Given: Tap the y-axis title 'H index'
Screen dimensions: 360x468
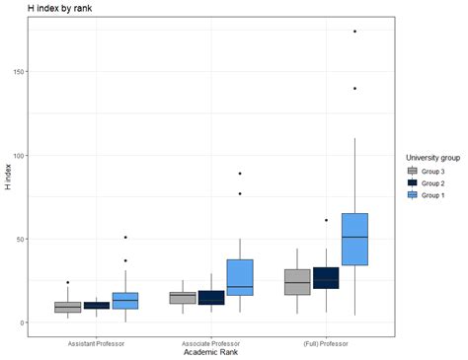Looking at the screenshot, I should tap(8, 175).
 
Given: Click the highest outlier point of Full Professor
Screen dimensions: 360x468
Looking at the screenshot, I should tap(354, 32).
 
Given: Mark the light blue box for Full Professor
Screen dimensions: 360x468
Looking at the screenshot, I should tap(354, 239).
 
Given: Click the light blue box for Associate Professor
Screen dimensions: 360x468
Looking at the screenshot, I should tap(240, 277).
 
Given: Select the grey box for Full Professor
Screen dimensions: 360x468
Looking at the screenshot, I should tap(297, 282).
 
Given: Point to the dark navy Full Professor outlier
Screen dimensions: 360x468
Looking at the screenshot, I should tap(326, 221).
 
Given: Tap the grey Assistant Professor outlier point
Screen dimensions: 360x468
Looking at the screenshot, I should tap(68, 283).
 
